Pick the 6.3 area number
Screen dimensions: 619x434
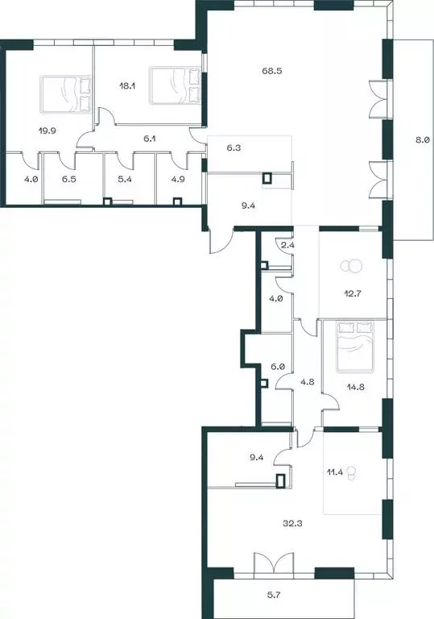(234, 148)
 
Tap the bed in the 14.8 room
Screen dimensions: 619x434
(355, 344)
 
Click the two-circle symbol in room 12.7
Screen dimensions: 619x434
(353, 267)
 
